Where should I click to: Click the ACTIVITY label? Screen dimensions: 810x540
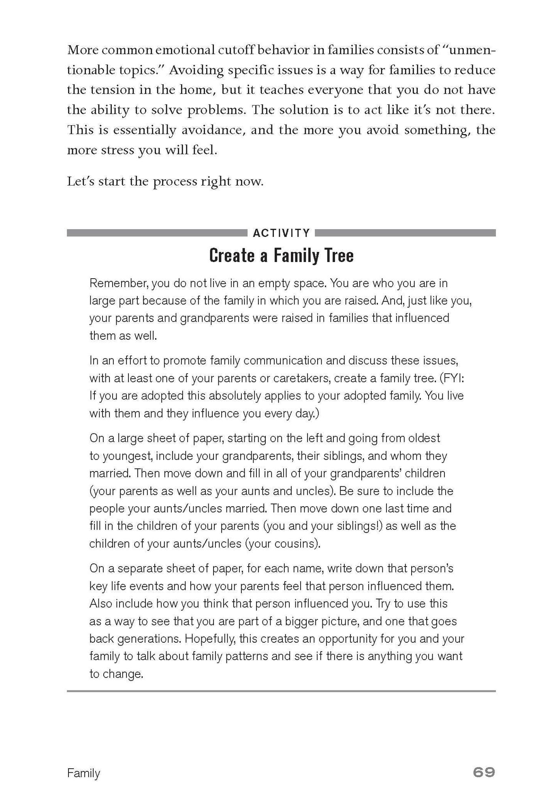pos(281,233)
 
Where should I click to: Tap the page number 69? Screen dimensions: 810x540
pos(484,772)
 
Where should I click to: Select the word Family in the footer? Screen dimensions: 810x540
pos(83,773)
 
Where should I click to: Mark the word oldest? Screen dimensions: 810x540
pos(423,438)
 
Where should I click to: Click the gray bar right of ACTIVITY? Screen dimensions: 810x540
pos(405,233)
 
